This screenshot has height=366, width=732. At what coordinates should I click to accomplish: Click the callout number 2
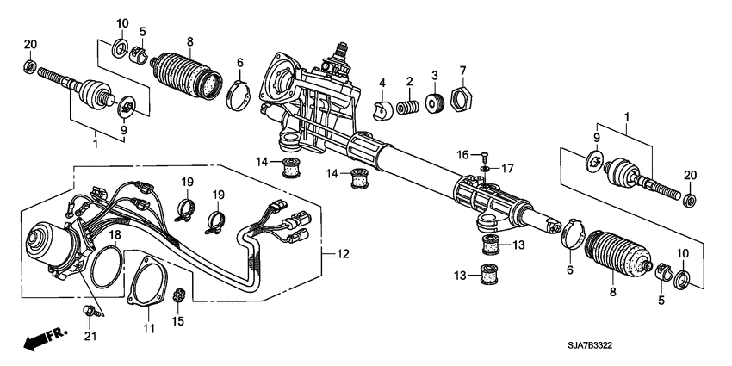(411, 82)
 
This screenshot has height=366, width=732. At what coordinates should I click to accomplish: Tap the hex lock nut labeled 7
(462, 101)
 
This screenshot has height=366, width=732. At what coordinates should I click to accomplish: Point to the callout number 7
(462, 70)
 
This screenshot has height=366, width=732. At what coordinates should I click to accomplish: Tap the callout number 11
(147, 328)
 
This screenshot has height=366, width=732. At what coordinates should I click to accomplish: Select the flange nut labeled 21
(89, 309)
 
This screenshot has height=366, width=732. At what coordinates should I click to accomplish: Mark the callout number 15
(179, 322)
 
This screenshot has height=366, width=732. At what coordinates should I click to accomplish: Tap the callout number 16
(463, 154)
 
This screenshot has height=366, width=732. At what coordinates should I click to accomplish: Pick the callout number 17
(506, 168)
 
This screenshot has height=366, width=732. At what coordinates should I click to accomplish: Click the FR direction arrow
(44, 340)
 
